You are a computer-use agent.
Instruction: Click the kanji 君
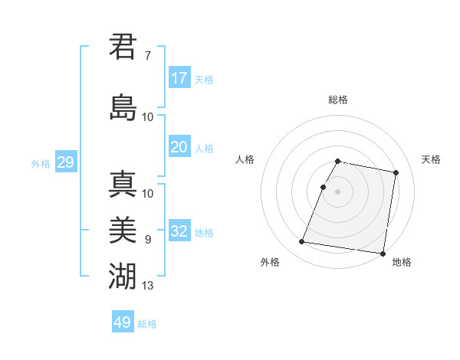coord(123,47)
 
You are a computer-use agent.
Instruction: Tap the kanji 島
coord(123,106)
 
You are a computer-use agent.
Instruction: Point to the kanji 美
coord(123,229)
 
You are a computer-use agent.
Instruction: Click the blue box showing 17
coord(179,78)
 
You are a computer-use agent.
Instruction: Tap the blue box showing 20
coord(179,147)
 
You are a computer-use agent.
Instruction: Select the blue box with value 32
coord(179,231)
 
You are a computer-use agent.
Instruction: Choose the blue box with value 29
coord(65,162)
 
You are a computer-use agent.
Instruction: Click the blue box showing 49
coord(123,322)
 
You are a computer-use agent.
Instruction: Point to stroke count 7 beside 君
coord(147,56)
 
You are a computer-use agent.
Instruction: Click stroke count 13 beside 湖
coord(148,286)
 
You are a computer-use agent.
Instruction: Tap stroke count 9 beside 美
coord(147,240)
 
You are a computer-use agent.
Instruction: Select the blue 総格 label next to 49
coord(147,324)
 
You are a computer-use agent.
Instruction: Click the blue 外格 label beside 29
coord(41,163)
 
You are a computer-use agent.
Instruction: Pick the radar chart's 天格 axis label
coord(431,159)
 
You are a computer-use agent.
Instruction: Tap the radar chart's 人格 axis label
coord(245,159)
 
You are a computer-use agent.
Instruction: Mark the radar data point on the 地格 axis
coord(382,253)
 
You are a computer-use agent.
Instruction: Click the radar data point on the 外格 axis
coord(302,242)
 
